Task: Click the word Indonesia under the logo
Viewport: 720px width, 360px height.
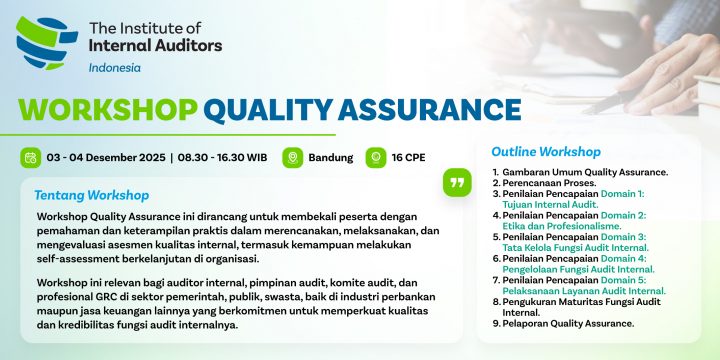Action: click(115, 68)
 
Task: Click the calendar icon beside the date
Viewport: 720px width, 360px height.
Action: click(30, 157)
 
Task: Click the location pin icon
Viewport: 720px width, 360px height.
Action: click(292, 157)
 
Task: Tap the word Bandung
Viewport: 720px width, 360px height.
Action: click(331, 158)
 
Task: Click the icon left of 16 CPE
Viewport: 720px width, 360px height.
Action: click(376, 157)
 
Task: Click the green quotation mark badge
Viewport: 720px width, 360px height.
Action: click(457, 182)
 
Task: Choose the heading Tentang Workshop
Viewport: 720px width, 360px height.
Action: click(92, 195)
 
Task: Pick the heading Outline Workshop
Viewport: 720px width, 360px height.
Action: click(546, 152)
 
